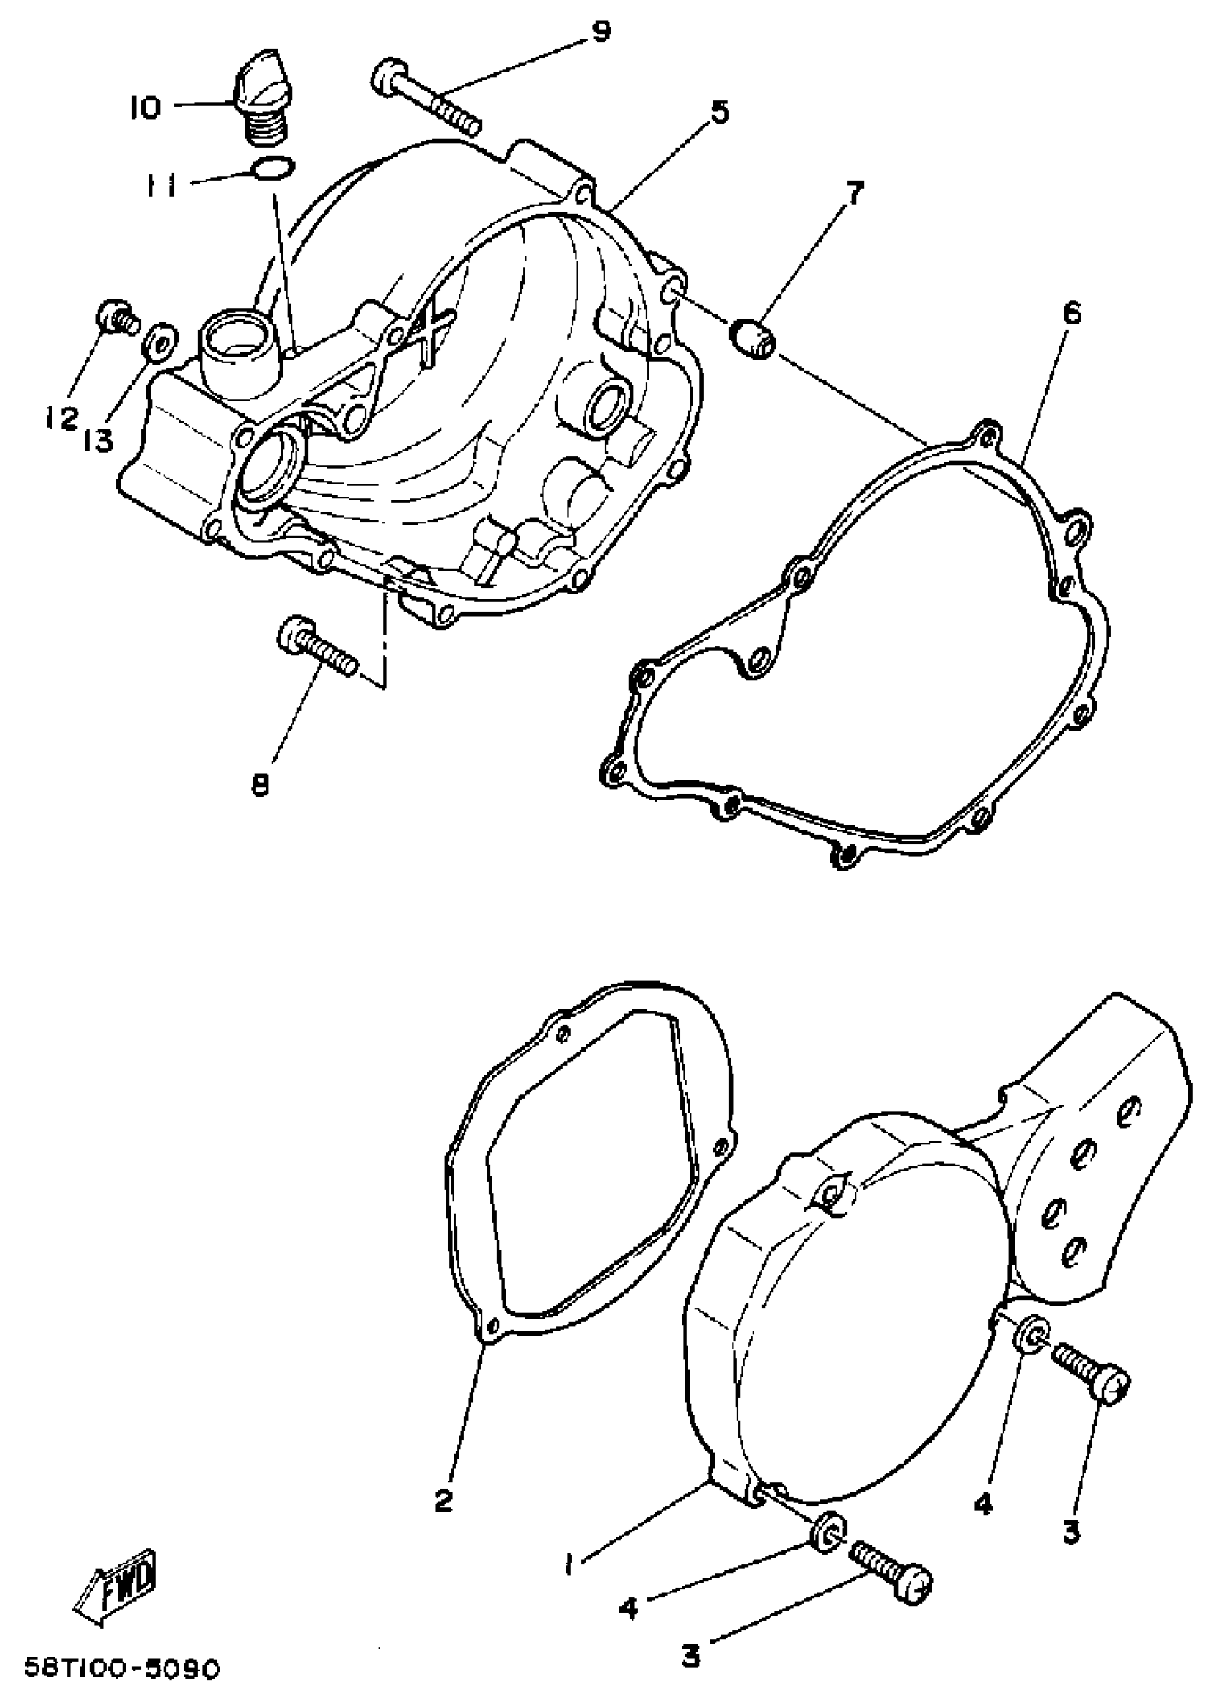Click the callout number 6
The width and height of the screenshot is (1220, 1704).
point(1072,313)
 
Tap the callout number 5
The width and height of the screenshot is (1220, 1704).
point(719,113)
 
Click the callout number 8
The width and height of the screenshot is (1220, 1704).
point(259,787)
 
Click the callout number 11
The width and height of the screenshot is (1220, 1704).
point(160,184)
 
